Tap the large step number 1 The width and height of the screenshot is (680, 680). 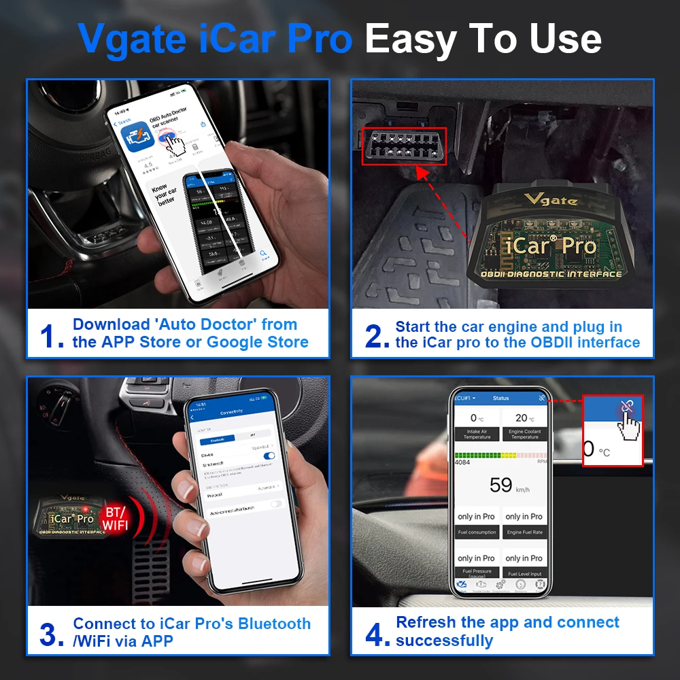coord(52,335)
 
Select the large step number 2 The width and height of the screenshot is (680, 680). coord(377,335)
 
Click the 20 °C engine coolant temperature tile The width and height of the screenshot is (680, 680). coord(524,425)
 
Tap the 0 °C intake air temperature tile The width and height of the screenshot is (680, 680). coord(477,425)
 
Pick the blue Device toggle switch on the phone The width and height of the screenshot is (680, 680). coord(270,456)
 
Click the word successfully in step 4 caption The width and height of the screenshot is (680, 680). coord(445,641)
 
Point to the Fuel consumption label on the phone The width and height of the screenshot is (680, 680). coord(477,532)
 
